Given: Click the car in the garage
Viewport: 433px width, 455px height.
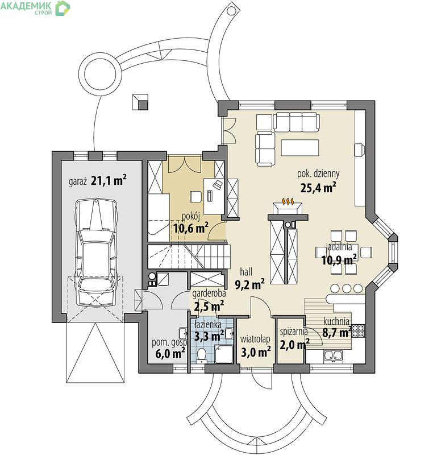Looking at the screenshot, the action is click(97, 253).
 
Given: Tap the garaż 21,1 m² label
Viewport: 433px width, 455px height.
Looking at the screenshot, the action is click(97, 180).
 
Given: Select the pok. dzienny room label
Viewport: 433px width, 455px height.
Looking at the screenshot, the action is click(318, 174).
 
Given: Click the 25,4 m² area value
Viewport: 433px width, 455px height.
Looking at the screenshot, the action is click(318, 188).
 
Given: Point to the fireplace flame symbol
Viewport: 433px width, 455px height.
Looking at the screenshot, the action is click(288, 201).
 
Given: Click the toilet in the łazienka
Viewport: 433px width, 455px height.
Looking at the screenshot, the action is click(201, 355).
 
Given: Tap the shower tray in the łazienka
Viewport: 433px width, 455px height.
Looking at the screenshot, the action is click(224, 354).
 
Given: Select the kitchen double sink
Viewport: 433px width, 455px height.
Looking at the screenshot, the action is click(334, 356).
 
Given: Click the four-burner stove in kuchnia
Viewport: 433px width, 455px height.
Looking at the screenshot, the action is click(357, 331).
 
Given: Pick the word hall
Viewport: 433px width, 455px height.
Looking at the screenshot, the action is click(246, 272).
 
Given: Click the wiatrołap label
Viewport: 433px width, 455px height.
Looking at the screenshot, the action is click(255, 339).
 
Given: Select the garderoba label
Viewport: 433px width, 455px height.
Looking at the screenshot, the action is click(209, 293).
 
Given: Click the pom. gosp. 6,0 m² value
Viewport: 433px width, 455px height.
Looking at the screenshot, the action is click(170, 353).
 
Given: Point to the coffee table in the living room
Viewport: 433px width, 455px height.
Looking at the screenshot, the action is click(299, 148).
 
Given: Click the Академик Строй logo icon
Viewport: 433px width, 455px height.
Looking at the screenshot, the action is click(63, 8).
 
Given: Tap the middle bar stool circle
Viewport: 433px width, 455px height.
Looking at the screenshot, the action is click(347, 288).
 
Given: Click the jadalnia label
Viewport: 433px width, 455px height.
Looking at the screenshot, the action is click(339, 247).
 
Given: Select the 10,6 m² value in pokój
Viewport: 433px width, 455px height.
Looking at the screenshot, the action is click(191, 229).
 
